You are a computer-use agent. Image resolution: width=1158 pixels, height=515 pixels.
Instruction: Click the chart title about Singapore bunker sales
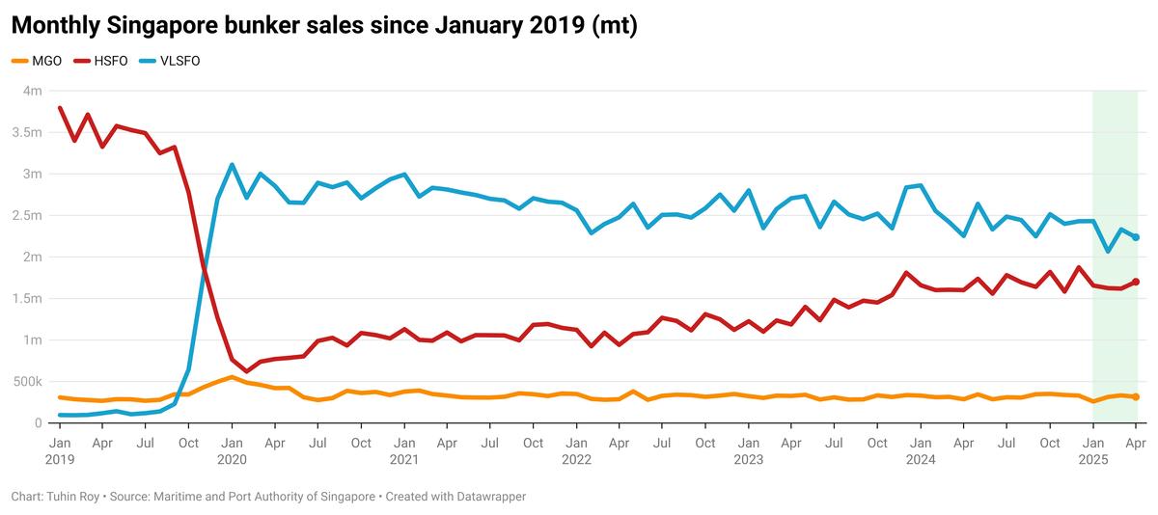click(x=324, y=26)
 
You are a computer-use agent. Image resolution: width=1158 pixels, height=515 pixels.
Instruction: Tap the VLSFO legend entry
click(x=179, y=61)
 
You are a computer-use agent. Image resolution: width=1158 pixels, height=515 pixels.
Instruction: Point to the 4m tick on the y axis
click(x=33, y=91)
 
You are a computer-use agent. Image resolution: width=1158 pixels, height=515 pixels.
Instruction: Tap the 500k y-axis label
click(x=28, y=382)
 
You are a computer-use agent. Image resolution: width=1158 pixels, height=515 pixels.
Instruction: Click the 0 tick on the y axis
click(x=39, y=423)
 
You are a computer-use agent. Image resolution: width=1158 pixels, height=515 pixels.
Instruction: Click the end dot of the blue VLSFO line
click(x=1136, y=237)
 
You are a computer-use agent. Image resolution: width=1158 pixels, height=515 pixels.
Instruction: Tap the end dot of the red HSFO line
click(x=1136, y=282)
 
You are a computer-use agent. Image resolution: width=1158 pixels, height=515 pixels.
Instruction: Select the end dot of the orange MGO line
click(x=1136, y=397)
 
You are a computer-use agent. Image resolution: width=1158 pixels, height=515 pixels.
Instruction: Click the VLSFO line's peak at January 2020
click(x=232, y=165)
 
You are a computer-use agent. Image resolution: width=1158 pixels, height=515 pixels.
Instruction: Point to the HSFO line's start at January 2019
click(x=60, y=108)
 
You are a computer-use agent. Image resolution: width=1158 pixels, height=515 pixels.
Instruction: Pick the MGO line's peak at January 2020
click(x=232, y=377)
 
